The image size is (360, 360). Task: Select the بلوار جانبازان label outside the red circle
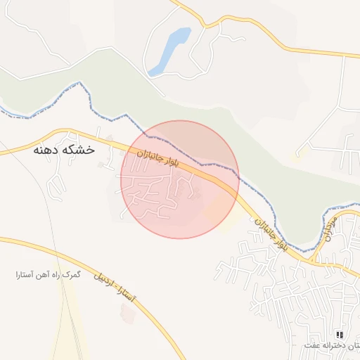[x=271, y=233]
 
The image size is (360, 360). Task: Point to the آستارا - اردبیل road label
[x=117, y=288]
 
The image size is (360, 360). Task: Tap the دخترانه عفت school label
[x=330, y=345]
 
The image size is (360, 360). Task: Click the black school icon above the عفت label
[x=340, y=335]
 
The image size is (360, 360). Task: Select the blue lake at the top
[x=170, y=51]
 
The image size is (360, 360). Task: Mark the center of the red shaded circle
[x=180, y=179]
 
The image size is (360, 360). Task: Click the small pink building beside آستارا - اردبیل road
[x=128, y=313]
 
